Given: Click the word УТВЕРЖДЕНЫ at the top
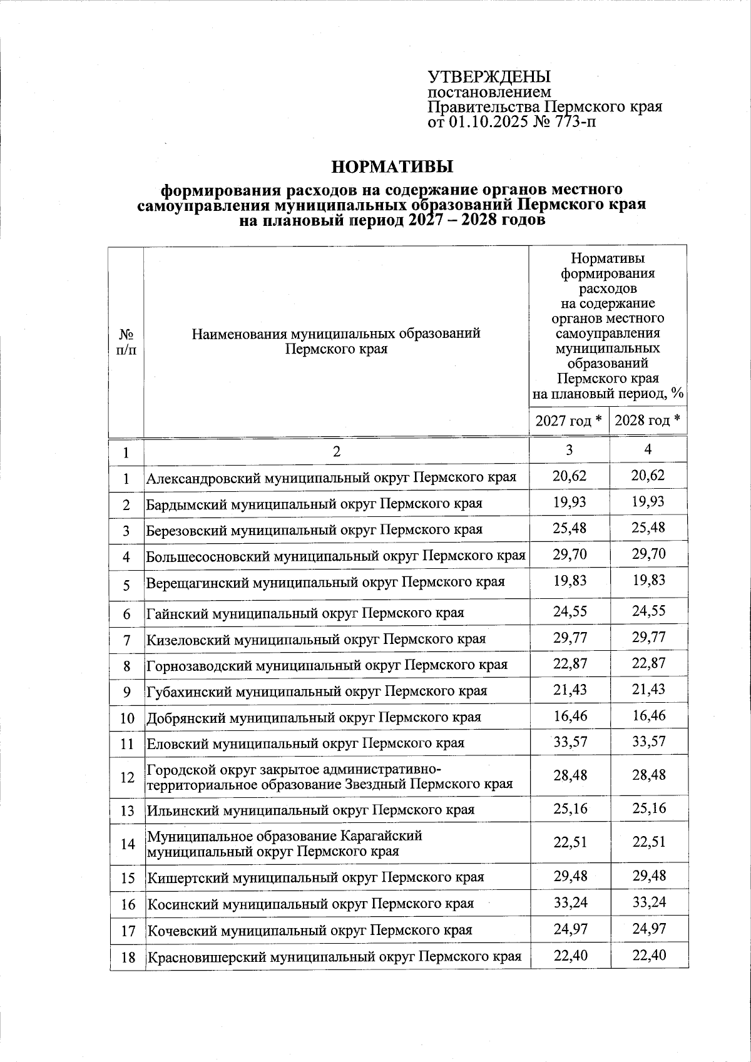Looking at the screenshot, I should tap(489, 77).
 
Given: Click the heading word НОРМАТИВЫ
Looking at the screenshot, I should tap(392, 167).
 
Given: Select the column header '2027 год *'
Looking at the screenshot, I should tap(569, 421).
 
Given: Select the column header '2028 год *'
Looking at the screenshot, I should tap(648, 421).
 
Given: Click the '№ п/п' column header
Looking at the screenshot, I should tap(126, 341).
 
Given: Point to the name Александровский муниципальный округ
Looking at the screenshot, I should tap(331, 478).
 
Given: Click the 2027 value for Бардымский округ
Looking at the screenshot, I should tap(570, 503).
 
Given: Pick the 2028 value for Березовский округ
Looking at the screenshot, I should tap(648, 528).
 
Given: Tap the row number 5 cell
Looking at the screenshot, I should tap(126, 585).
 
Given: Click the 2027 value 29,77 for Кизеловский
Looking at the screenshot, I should tap(570, 638).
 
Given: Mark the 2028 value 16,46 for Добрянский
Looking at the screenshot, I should tap(648, 716).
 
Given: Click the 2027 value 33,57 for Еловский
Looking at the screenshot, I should tap(570, 742).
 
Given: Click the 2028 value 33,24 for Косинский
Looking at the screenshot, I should tap(648, 902).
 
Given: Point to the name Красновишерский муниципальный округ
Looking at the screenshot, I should tap(334, 957).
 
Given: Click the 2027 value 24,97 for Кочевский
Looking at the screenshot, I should tap(570, 929).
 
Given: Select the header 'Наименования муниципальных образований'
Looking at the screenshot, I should tap(336, 334).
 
